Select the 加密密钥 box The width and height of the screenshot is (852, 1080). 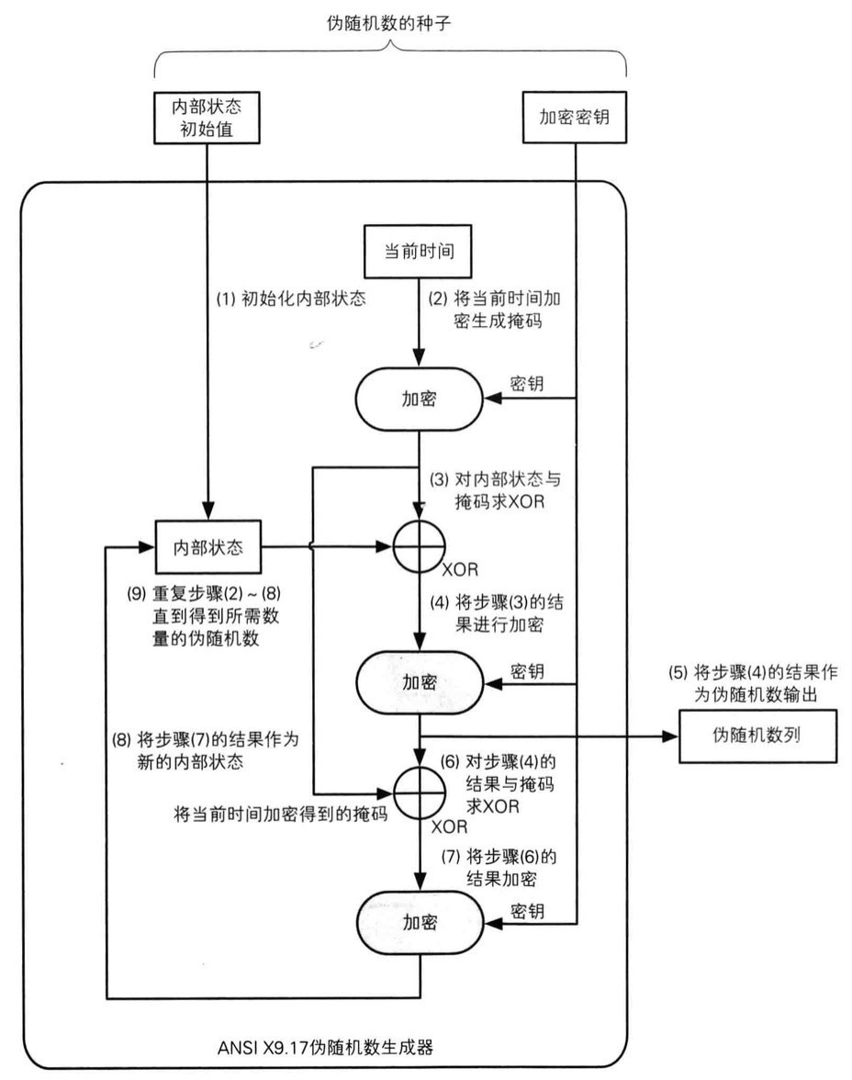[574, 117]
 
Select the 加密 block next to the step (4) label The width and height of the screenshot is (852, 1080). [419, 681]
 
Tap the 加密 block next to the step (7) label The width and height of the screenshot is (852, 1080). [419, 921]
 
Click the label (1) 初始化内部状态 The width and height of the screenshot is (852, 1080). [286, 298]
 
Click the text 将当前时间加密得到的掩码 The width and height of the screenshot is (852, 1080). [280, 814]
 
